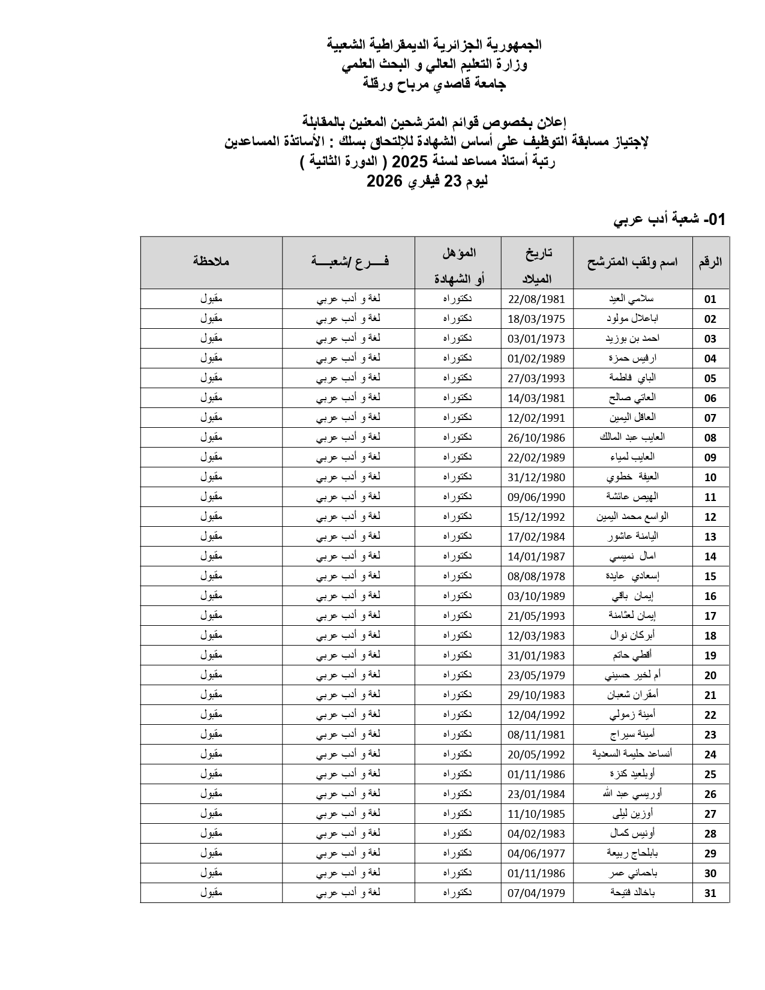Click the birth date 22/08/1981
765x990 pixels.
536,299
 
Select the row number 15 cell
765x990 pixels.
710,577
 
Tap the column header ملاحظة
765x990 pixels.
211,262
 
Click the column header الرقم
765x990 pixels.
710,262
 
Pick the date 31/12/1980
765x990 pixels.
536,478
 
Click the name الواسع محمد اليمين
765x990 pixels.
632,517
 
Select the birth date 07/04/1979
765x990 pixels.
536,893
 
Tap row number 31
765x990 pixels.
710,893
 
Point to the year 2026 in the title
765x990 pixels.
384,182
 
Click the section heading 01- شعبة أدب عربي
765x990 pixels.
669,220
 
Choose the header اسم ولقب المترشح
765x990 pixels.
632,262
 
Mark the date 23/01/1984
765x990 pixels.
536,794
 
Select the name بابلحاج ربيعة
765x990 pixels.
632,853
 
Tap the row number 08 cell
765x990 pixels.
710,438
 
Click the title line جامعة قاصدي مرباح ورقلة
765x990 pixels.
434,84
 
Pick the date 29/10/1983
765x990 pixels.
536,695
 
